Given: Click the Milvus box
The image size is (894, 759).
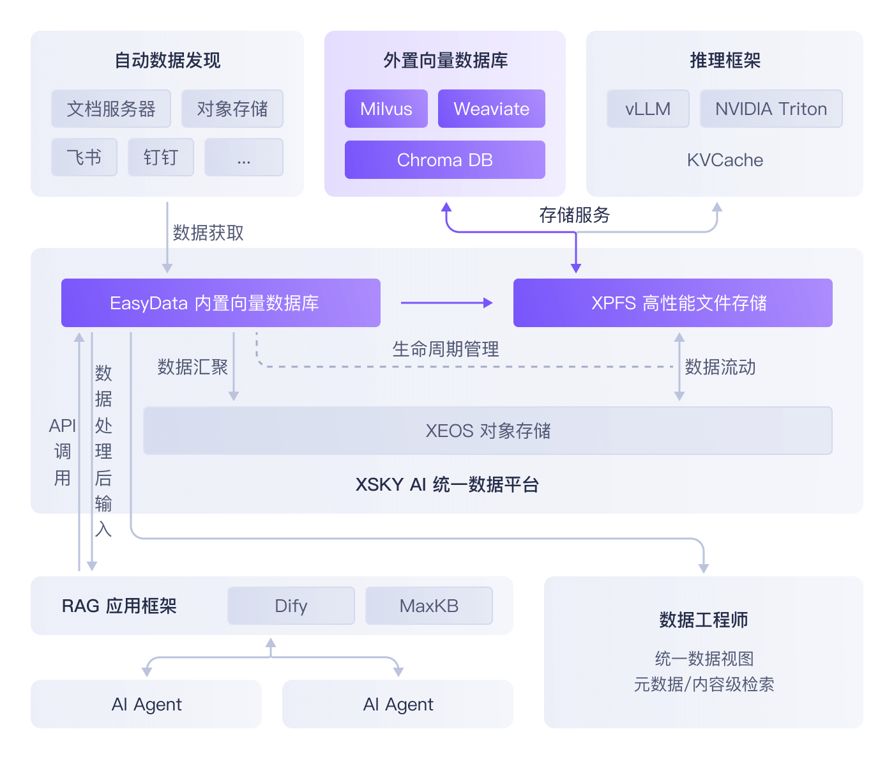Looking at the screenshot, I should tap(386, 109).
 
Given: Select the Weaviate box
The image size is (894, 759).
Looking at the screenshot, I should tap(491, 109).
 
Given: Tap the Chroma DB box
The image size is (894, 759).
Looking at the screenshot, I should tap(444, 160).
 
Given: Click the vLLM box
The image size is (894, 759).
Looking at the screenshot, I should tap(648, 109).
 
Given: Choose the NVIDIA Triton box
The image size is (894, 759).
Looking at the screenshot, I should tap(771, 109).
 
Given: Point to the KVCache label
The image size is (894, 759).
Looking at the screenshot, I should tap(725, 160).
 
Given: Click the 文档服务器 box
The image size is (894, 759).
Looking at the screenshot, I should tap(111, 109).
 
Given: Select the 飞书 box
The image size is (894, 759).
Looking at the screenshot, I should tap(84, 157).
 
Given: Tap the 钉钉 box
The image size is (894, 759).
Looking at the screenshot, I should tap(161, 157).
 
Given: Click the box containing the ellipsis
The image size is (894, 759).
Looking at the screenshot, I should tap(243, 157).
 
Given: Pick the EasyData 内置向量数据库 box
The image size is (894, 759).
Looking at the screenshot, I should tap(220, 303).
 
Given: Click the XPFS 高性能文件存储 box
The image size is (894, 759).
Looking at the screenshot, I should tap(672, 303).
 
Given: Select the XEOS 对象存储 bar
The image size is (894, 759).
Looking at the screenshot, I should tap(487, 431).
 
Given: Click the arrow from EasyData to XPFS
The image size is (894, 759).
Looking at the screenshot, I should tap(446, 303).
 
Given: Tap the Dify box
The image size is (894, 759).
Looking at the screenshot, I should tap(291, 606).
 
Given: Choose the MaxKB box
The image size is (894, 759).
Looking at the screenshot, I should tap(428, 606).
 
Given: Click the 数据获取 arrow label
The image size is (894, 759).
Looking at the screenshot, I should tap(208, 233).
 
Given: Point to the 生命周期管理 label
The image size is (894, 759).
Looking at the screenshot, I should tap(445, 349).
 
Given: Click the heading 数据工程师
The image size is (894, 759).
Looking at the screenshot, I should tap(703, 620).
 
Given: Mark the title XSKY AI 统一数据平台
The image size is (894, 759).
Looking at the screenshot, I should tap(447, 484).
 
